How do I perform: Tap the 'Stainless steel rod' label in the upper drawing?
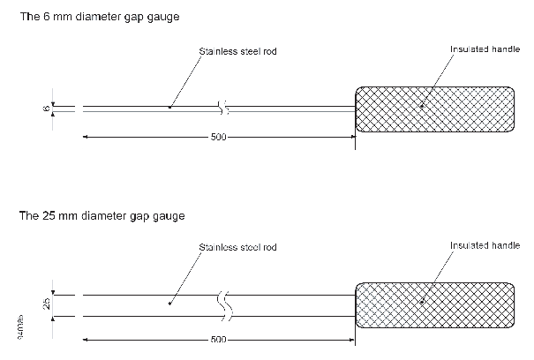(x=239, y=52)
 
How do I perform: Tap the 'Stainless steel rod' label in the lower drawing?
(x=237, y=247)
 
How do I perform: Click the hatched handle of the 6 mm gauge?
(x=435, y=109)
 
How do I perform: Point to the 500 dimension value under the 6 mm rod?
(x=217, y=138)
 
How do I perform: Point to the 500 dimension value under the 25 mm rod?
(x=217, y=339)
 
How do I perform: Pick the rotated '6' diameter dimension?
(x=45, y=108)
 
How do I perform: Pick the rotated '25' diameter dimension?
(x=45, y=304)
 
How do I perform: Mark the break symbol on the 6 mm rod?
(x=224, y=109)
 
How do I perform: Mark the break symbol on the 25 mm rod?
(x=225, y=304)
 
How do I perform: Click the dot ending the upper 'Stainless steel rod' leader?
(x=169, y=108)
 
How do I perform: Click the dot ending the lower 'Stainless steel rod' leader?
(x=169, y=304)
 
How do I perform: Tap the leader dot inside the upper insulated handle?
(x=422, y=107)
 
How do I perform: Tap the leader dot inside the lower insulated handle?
(x=422, y=303)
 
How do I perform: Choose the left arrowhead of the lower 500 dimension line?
(x=86, y=339)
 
